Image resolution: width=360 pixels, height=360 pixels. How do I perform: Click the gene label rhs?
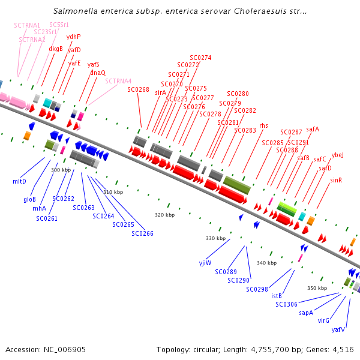[x=263, y=125]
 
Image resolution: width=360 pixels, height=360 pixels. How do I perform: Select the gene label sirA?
[x=160, y=92]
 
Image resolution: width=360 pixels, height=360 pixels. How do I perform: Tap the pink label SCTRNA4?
[x=118, y=81]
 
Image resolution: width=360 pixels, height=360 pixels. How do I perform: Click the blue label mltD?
[x=19, y=181]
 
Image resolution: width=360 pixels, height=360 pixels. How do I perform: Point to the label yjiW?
[x=205, y=263]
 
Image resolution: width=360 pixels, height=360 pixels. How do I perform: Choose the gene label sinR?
[x=336, y=180]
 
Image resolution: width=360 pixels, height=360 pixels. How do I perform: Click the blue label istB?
[x=277, y=296]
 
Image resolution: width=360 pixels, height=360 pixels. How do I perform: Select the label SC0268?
[x=138, y=89]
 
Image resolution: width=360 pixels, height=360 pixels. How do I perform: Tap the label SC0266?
[x=142, y=233]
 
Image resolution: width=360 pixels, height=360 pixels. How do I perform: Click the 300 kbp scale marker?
[x=61, y=170]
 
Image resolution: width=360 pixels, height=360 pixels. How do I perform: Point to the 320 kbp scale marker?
[x=164, y=215]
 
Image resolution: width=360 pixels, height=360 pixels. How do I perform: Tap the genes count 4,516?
[x=341, y=349]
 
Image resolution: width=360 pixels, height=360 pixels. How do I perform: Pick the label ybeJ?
[x=337, y=155]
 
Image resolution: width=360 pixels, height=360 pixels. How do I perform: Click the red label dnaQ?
[x=98, y=73]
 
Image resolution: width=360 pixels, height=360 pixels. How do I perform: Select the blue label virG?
[x=323, y=320]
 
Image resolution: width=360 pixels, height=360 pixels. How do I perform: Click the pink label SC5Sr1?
[x=59, y=25]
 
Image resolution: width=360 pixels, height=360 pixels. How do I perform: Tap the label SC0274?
[x=200, y=58]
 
